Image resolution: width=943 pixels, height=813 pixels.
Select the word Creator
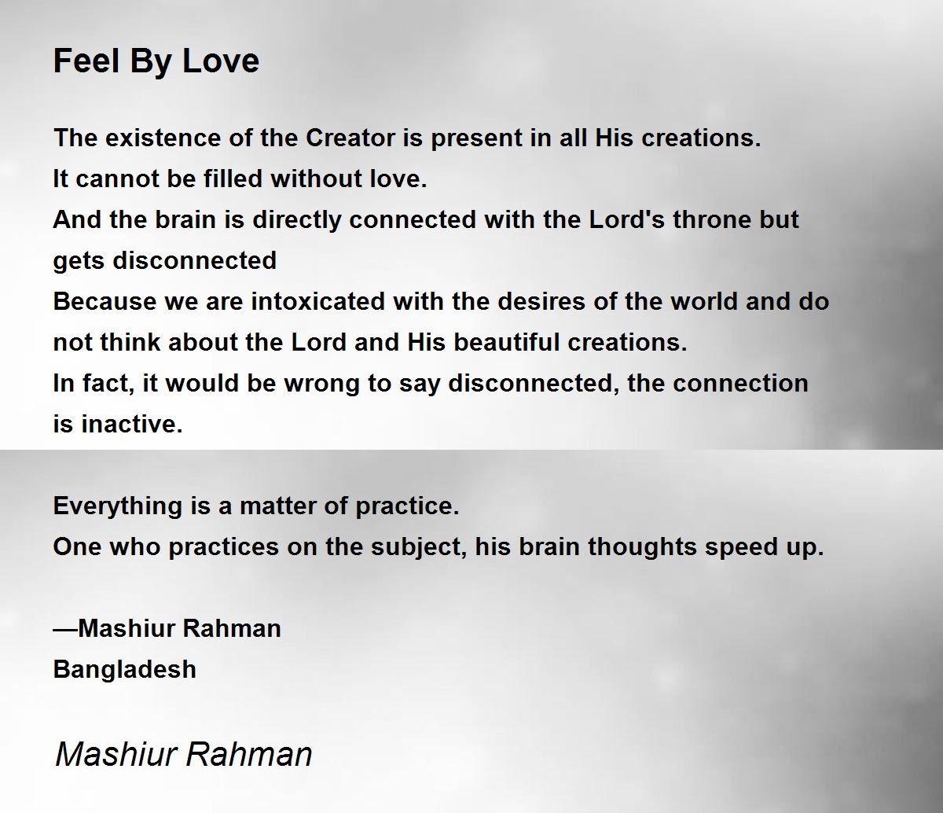[x=350, y=138]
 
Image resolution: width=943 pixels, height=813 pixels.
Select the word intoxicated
[x=318, y=301]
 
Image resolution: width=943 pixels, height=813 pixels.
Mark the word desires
[x=541, y=301]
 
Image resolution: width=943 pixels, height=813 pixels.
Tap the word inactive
[x=132, y=424]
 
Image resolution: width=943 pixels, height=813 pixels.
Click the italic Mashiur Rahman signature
[x=183, y=754]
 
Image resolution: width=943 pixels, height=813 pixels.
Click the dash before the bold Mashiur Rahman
[x=66, y=629]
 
